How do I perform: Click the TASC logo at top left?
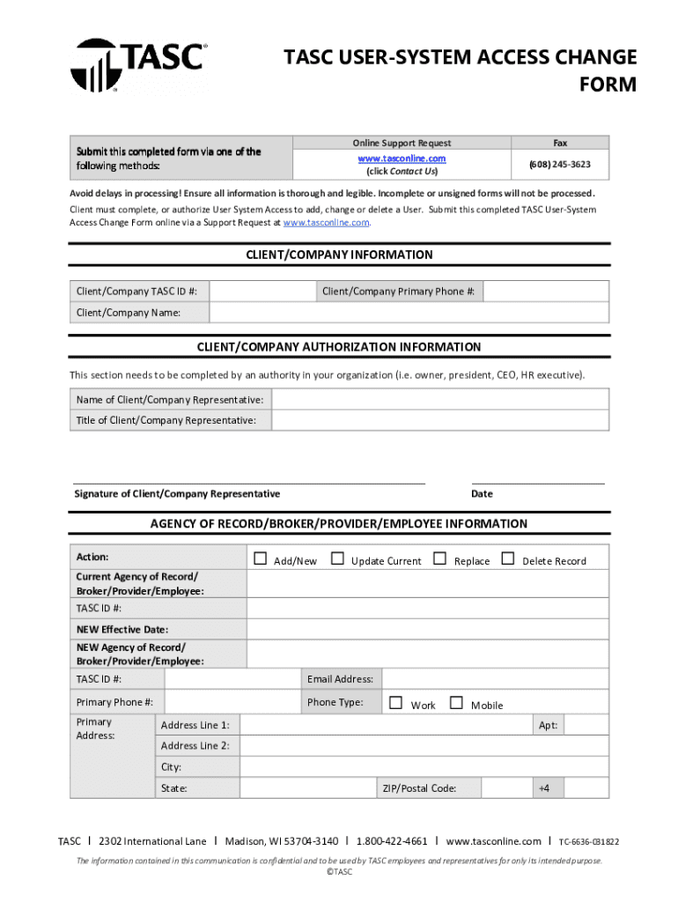(x=138, y=64)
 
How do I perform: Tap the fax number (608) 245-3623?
(x=559, y=165)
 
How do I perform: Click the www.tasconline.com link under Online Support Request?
(x=402, y=159)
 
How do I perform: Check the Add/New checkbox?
(x=260, y=558)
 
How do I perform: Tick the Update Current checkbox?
(x=337, y=558)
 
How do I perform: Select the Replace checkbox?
(x=439, y=558)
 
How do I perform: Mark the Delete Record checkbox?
(x=507, y=558)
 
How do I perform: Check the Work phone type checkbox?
(x=395, y=703)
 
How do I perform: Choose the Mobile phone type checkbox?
(x=456, y=703)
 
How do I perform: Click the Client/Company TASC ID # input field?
(x=262, y=292)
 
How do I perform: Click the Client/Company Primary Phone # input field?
(x=545, y=292)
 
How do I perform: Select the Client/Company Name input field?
(x=409, y=313)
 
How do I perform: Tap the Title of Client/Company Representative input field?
(x=440, y=420)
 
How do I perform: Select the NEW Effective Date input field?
(x=427, y=629)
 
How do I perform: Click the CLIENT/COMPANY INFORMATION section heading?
(x=339, y=255)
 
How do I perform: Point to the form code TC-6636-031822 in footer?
(x=589, y=842)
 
